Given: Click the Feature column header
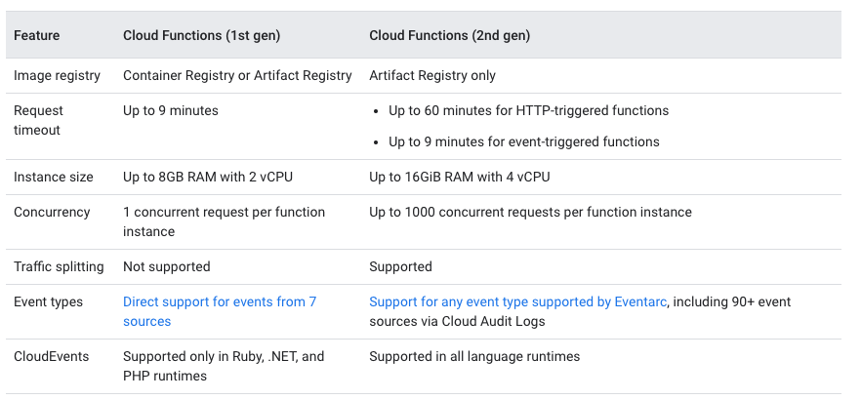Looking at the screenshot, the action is (x=36, y=36).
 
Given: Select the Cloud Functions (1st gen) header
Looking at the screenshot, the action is (x=201, y=36).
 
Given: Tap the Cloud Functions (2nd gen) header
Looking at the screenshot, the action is (x=449, y=36).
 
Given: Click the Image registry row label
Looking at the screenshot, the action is (x=57, y=75).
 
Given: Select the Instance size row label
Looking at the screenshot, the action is (x=54, y=177).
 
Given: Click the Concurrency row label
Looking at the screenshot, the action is (x=52, y=212).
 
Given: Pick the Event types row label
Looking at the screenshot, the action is (x=48, y=301).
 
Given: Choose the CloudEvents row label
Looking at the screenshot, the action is (x=51, y=356).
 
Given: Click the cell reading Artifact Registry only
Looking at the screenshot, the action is (x=432, y=75).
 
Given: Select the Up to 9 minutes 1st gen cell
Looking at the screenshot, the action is (x=171, y=110).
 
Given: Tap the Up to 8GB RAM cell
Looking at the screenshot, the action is (x=208, y=177).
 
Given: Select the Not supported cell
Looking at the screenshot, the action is (x=166, y=266).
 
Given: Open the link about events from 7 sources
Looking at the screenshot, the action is (x=219, y=302).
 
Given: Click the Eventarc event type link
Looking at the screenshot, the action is (x=517, y=302).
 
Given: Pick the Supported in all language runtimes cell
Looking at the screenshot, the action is (x=474, y=356).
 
